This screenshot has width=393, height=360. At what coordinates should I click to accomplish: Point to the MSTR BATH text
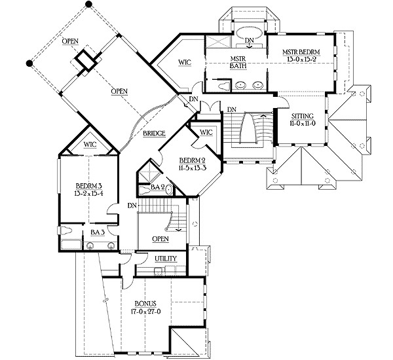[x=237, y=61]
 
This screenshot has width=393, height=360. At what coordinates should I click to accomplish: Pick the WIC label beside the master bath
[x=184, y=63]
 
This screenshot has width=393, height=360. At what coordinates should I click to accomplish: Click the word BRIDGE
[x=153, y=133]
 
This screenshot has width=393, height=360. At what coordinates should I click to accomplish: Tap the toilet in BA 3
[x=68, y=230]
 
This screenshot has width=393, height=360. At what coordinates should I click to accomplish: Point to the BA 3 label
[x=96, y=232]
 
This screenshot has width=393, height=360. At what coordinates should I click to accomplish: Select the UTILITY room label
[x=165, y=259]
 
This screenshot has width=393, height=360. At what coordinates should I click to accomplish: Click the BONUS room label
[x=144, y=304]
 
